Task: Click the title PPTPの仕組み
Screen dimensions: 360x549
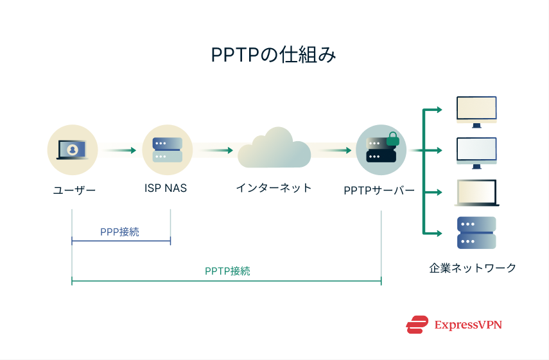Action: tap(274, 55)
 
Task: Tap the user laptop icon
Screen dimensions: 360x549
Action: tap(72, 150)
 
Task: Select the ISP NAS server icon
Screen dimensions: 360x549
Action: tap(167, 150)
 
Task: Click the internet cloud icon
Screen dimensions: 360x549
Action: tap(274, 149)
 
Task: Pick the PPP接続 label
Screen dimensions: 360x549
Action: tap(119, 232)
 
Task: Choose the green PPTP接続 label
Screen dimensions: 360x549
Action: tap(227, 271)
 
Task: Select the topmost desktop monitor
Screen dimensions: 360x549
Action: tap(476, 111)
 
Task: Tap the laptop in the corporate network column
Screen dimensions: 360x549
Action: tap(476, 193)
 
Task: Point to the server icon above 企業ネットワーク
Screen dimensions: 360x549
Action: tap(476, 233)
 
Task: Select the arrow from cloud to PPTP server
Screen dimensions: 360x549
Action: tap(333, 151)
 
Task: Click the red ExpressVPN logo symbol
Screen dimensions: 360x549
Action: tap(417, 325)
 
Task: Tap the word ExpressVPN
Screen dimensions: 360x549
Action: tap(467, 325)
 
